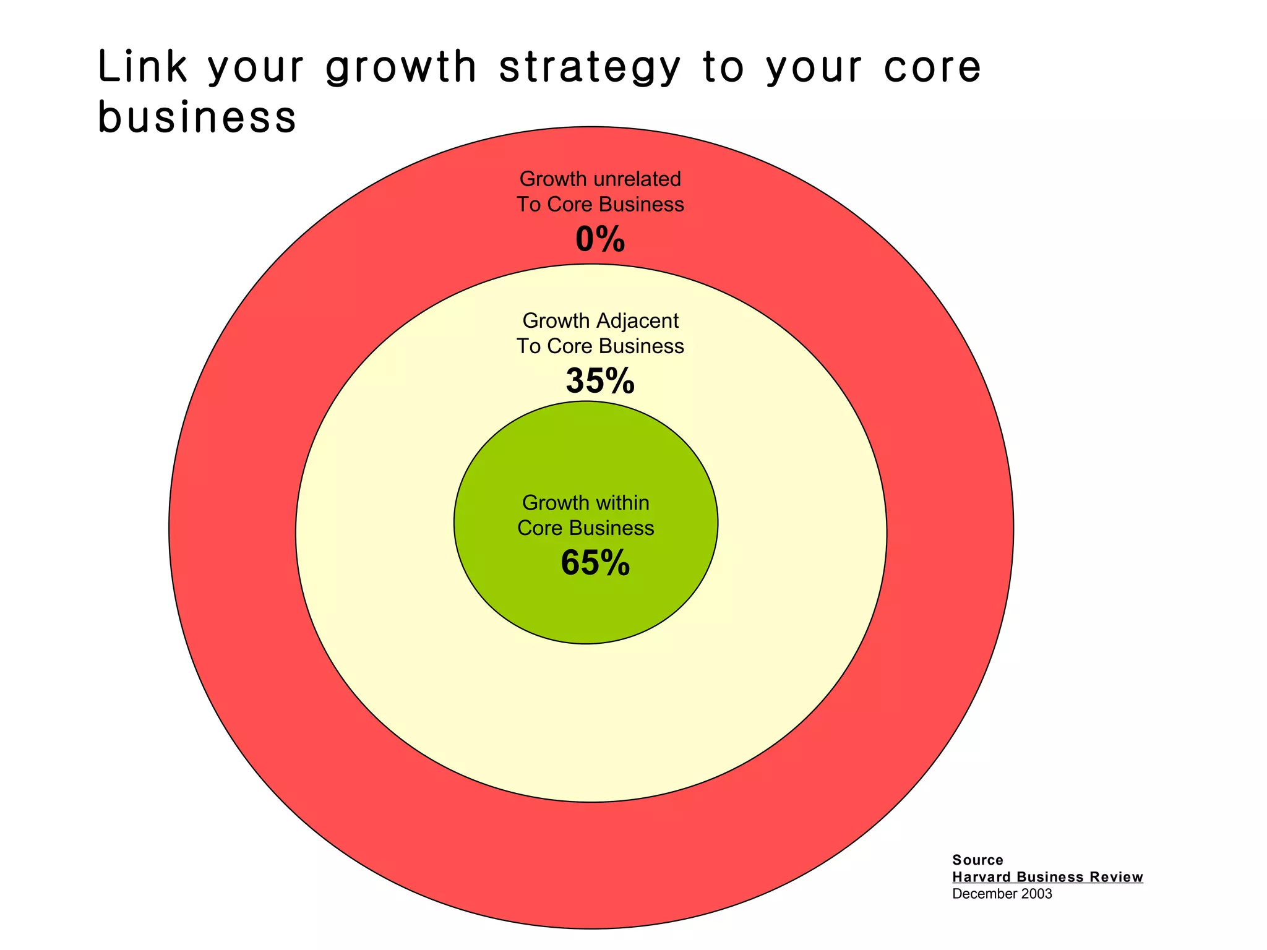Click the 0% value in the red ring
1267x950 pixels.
(x=600, y=239)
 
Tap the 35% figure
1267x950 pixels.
(x=600, y=381)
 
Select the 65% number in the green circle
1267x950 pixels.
(x=595, y=563)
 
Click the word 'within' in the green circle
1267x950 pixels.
(x=621, y=503)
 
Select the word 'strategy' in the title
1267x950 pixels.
(x=590, y=68)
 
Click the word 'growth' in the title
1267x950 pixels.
(x=402, y=68)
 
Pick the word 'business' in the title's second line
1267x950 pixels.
(x=197, y=117)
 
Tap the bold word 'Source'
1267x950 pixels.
(x=977, y=860)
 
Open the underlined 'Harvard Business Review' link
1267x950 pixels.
(x=1047, y=877)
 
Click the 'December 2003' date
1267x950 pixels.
(x=1002, y=894)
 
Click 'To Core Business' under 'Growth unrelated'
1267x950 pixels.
(x=600, y=204)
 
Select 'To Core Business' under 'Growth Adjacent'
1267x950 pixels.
(x=600, y=346)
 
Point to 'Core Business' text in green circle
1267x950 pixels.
(x=585, y=528)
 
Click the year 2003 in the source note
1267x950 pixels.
(x=1036, y=894)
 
